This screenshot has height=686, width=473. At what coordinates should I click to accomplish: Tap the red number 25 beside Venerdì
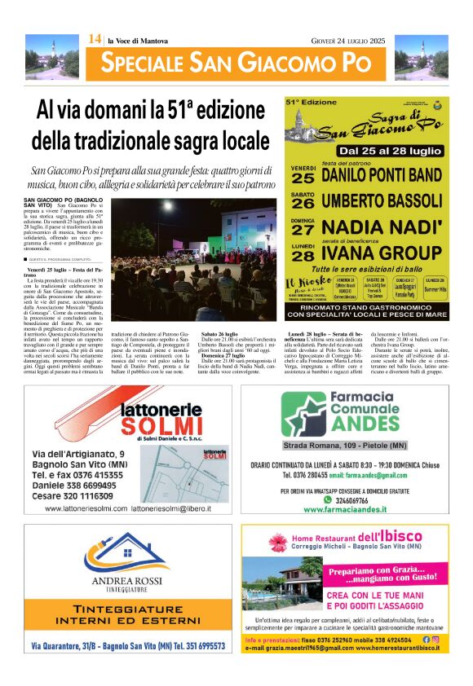[x=303, y=178]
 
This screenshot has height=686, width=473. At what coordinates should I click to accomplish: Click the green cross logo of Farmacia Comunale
[x=303, y=413]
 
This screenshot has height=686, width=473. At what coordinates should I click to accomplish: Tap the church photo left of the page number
[x=54, y=56]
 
